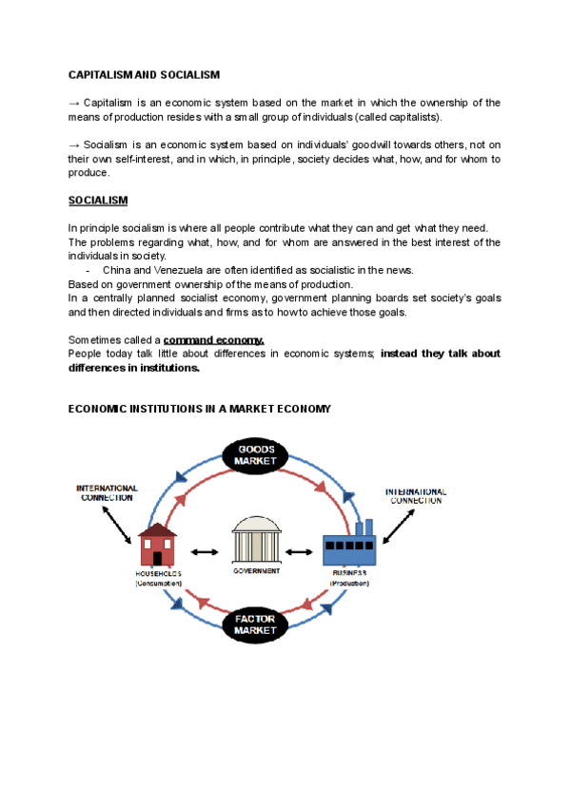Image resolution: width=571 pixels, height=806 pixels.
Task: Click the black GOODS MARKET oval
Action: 256,454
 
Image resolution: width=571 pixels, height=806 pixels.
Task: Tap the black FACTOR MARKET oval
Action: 255,624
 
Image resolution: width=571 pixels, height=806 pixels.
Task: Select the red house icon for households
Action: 158,546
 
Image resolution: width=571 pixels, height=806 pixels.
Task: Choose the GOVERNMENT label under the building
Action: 256,571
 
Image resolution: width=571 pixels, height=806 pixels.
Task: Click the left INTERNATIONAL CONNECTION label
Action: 107,492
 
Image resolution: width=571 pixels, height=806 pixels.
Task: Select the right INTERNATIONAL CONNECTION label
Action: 415,495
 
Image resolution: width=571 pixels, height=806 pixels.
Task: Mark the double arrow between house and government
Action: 205,551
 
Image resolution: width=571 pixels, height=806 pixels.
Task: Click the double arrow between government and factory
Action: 302,551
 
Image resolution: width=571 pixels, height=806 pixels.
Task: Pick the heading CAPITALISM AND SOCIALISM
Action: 144,74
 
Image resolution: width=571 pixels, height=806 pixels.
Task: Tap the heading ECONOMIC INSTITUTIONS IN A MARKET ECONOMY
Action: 200,409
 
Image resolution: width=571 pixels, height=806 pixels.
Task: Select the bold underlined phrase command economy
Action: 213,339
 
